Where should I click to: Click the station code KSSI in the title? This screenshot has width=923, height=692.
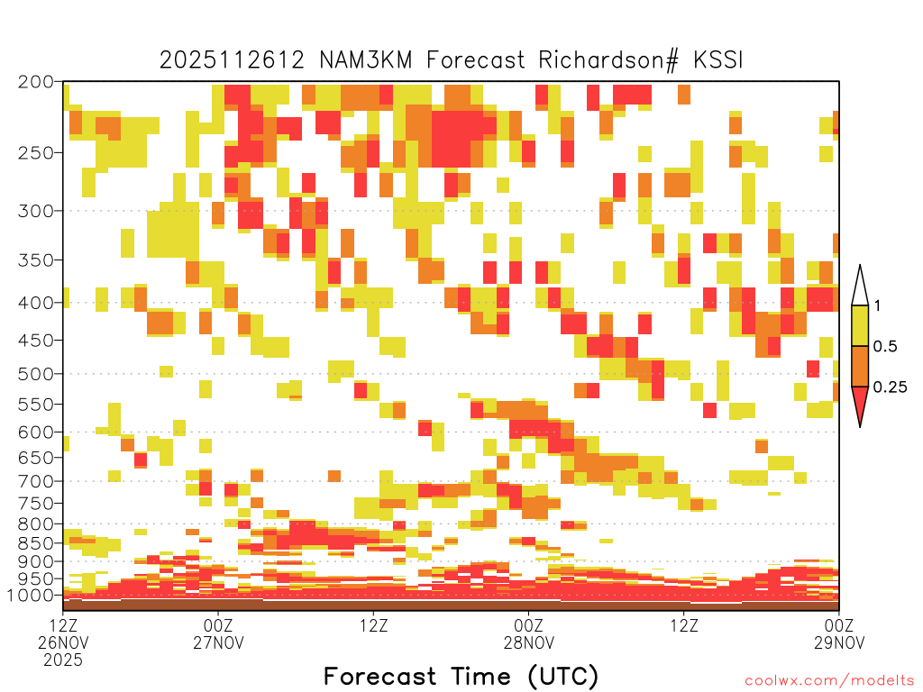(x=718, y=60)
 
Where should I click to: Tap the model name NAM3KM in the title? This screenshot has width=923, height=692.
(x=366, y=60)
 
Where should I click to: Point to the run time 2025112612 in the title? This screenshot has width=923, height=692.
(x=232, y=60)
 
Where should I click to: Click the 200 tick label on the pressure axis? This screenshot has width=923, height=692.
(x=35, y=82)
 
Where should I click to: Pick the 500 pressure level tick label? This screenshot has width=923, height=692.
(x=35, y=374)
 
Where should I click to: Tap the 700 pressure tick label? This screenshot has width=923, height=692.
(x=35, y=481)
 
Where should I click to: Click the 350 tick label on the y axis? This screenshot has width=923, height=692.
(x=35, y=260)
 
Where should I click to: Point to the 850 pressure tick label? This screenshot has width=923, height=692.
(x=35, y=543)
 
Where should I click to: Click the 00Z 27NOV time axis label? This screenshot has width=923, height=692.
(x=218, y=633)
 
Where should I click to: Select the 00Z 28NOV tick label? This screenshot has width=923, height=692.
(x=528, y=633)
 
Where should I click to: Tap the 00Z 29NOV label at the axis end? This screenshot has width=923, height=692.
(x=839, y=633)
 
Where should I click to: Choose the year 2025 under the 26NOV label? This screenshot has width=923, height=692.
(x=63, y=660)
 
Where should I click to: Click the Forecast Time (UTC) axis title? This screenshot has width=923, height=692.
(x=461, y=677)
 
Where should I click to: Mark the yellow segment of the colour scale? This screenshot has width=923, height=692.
(x=860, y=325)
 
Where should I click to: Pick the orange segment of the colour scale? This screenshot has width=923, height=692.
(x=860, y=366)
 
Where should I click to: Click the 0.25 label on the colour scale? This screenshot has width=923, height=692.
(x=890, y=387)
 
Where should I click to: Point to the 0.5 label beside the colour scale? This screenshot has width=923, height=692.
(x=885, y=347)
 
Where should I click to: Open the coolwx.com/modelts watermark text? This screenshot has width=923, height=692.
(x=829, y=681)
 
